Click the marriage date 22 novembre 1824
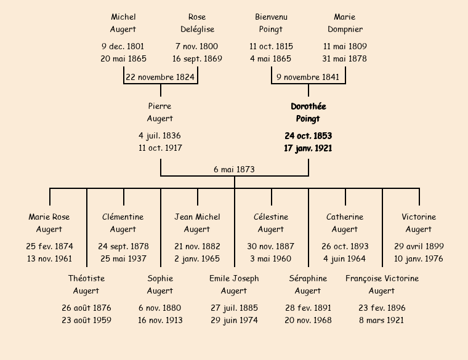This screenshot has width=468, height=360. click(160, 78)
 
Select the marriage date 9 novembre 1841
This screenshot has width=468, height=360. click(308, 78)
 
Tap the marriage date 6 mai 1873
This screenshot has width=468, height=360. click(234, 169)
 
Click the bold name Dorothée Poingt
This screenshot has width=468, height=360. click(308, 113)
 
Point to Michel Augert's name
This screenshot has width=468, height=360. click(123, 23)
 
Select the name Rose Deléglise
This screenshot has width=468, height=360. click(197, 23)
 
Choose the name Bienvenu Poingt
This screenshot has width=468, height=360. click(271, 23)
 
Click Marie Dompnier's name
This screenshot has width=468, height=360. click(345, 23)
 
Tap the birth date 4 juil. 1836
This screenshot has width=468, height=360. click(160, 135)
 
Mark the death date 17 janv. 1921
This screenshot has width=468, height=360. click(308, 148)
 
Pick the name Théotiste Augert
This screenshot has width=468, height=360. click(86, 284)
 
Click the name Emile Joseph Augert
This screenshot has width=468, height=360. click(234, 284)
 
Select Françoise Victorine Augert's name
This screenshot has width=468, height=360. click(382, 284)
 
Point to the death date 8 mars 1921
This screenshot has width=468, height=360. click(382, 320)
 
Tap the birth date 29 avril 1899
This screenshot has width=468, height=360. click(419, 246)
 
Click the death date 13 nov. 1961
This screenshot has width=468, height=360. click(49, 258)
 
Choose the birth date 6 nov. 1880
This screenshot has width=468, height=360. click(160, 308)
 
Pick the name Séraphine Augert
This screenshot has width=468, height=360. click(308, 284)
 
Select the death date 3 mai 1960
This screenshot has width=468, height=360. click(271, 258)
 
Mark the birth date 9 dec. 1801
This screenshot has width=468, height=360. click(123, 46)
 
